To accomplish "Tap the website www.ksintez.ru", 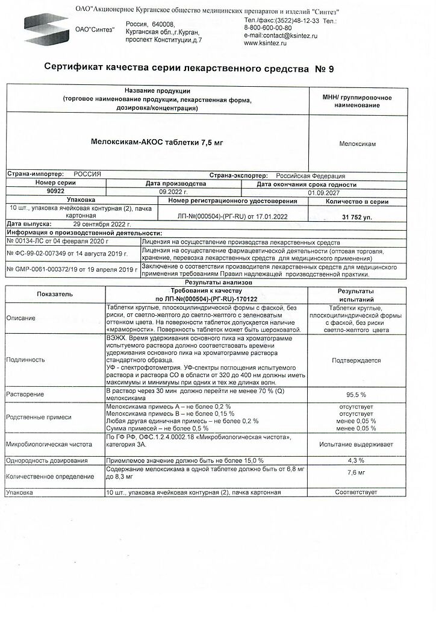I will tap(265, 43).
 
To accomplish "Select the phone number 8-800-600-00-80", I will tap(268, 28).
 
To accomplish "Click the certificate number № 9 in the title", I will tap(324, 69).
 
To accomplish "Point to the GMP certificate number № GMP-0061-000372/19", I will tap(49, 270).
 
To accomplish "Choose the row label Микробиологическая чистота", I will tap(49, 444).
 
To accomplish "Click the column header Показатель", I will tap(55, 294).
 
